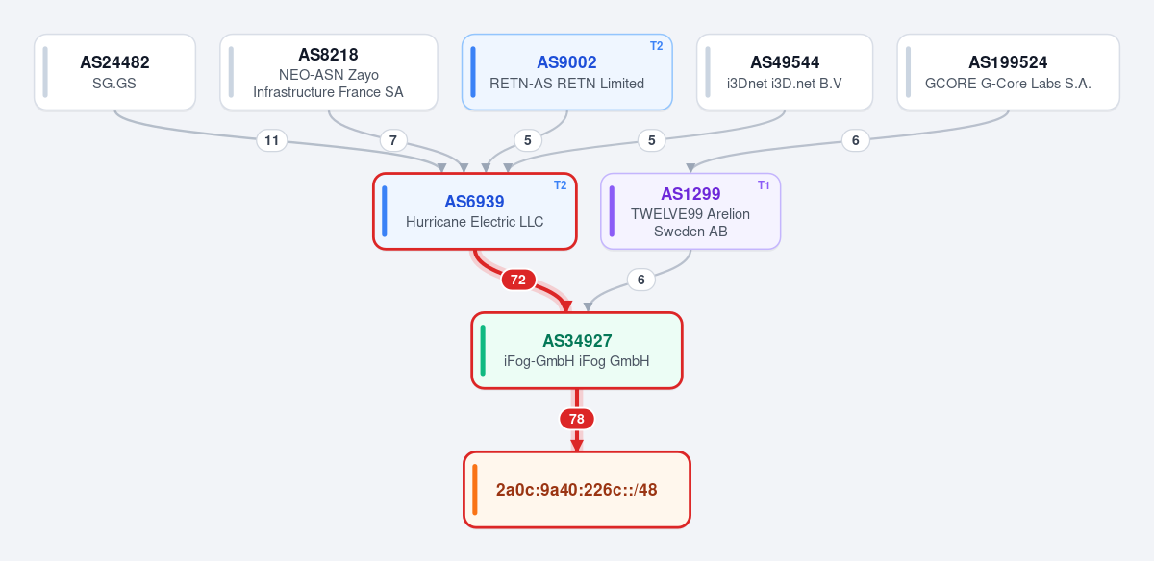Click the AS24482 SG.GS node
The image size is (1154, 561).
[114, 72]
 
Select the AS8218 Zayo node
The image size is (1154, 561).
[329, 72]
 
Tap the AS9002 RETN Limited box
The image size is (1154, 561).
[566, 72]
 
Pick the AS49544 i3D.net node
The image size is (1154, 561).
[785, 72]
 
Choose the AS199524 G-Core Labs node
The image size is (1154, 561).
[1008, 72]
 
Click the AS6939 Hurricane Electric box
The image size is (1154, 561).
[474, 211]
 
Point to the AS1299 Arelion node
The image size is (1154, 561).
[690, 211]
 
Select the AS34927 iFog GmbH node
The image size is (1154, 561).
[577, 351]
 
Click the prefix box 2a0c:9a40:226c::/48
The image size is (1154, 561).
[577, 490]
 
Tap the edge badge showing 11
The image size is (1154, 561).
[271, 140]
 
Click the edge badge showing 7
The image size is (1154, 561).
[393, 140]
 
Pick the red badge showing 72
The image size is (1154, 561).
[518, 280]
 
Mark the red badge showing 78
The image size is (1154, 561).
[577, 419]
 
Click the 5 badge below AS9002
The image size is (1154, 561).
[528, 140]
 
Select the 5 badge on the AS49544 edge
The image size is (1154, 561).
[652, 140]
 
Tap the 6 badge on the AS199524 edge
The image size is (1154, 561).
[856, 140]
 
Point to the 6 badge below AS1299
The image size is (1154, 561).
[640, 280]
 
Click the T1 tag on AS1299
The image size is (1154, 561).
[764, 185]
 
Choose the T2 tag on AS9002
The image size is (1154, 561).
[656, 46]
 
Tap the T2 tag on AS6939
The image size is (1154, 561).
[560, 185]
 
